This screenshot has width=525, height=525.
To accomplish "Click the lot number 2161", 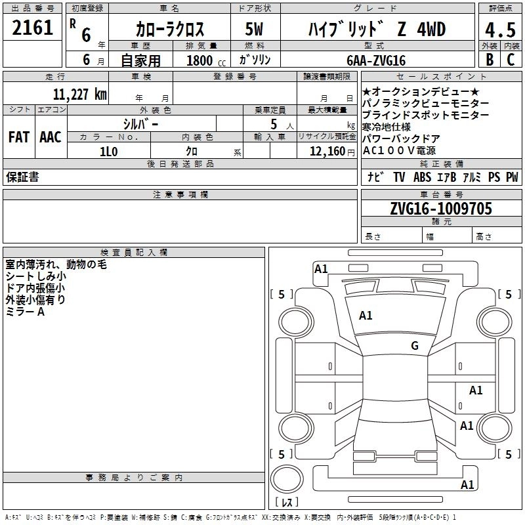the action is click(x=32, y=28).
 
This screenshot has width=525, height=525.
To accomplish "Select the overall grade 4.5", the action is click(x=500, y=30).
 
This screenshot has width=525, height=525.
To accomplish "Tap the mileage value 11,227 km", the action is click(x=79, y=94).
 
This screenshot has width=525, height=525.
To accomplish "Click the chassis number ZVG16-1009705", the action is click(x=441, y=208).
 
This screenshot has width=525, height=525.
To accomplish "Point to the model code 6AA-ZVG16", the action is click(x=376, y=60).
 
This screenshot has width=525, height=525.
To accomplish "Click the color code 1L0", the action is click(x=108, y=152).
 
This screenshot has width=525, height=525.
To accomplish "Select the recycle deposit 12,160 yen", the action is click(x=332, y=152).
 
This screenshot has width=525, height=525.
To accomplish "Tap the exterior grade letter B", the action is click(x=490, y=60).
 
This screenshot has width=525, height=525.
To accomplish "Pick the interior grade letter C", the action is click(x=511, y=60).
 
